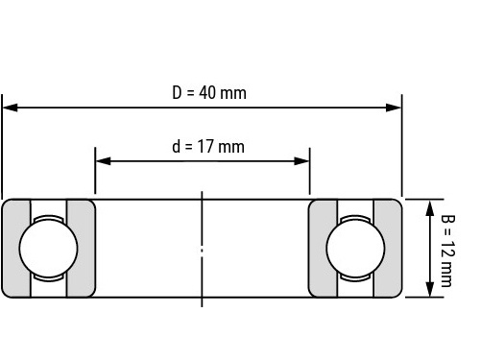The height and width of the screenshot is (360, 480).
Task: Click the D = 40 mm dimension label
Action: point(209,93)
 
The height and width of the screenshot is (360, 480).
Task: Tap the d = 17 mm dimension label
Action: point(208,147)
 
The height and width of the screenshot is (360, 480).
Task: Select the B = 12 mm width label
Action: point(448,251)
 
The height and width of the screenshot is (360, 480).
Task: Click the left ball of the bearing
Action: point(48,249)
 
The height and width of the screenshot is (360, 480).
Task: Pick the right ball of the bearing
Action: point(355,249)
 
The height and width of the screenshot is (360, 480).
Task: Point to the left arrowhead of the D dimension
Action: point(10,108)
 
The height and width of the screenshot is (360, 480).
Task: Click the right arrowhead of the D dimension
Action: point(394,108)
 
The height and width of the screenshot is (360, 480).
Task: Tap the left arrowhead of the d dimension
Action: point(103,161)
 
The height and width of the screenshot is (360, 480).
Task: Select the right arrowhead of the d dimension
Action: point(301,161)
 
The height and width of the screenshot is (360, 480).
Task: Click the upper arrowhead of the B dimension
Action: point(430,208)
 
